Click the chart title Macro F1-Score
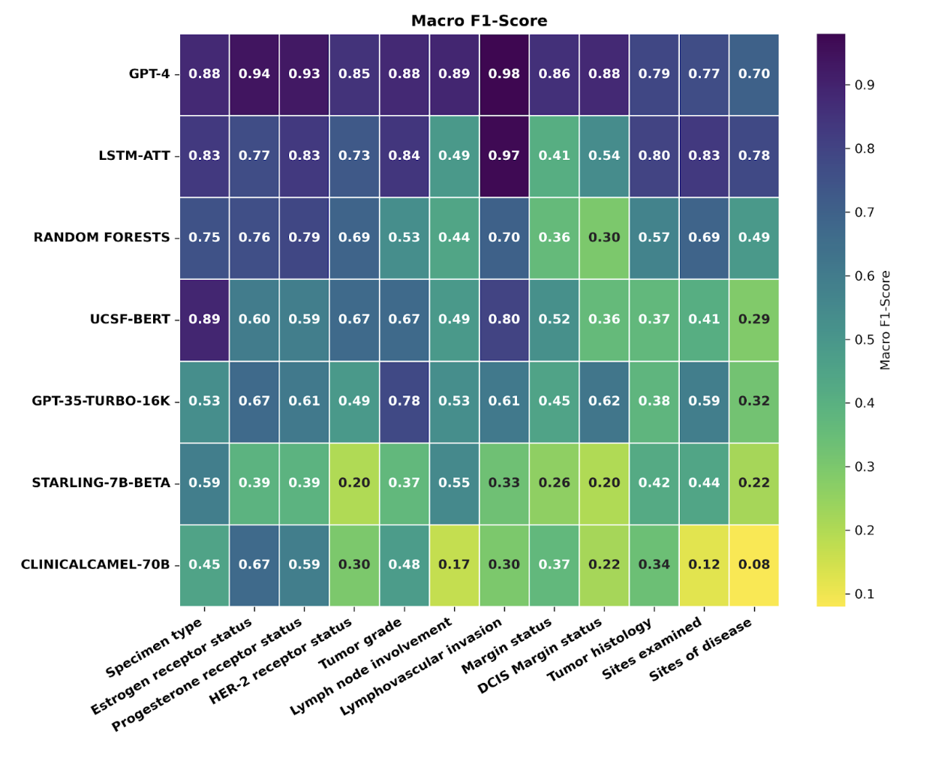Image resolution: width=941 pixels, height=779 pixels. (x=479, y=21)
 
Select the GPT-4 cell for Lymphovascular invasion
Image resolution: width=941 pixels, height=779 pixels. (x=504, y=74)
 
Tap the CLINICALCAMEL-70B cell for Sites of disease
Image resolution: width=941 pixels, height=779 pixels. (x=754, y=565)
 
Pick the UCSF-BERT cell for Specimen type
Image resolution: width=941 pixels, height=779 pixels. (x=204, y=320)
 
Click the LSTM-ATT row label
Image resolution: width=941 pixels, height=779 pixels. (x=134, y=156)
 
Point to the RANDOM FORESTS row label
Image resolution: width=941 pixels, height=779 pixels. (x=101, y=238)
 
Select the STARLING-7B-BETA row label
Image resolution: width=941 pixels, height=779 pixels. (x=101, y=483)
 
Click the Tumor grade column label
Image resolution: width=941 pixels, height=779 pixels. (x=361, y=645)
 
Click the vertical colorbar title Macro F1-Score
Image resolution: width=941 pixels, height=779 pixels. (x=885, y=320)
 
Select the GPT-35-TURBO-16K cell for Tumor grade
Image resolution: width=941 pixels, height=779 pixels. (x=404, y=402)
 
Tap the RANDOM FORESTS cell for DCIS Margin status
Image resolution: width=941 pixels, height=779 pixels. (x=604, y=238)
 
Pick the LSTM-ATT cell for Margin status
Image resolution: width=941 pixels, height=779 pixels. (x=555, y=156)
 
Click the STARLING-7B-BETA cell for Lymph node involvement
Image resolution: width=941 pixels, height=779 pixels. (x=454, y=483)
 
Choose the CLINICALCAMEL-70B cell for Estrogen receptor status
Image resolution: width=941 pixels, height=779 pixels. (x=254, y=565)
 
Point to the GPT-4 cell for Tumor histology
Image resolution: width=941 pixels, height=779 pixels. (x=654, y=74)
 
